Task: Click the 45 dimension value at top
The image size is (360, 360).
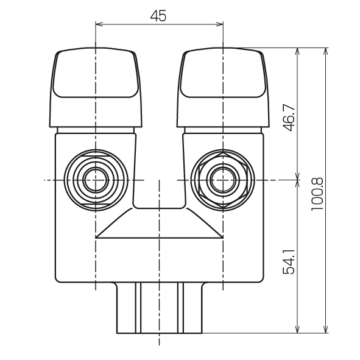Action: (x=158, y=16)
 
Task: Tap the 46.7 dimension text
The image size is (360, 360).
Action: (x=289, y=118)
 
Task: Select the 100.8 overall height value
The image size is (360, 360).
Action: (x=317, y=194)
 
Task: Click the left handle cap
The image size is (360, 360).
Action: (x=96, y=87)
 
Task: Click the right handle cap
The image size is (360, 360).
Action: (x=223, y=87)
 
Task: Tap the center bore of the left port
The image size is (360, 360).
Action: (x=96, y=180)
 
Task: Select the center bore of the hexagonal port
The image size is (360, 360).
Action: (x=223, y=180)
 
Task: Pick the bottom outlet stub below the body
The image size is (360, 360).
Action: (x=160, y=308)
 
